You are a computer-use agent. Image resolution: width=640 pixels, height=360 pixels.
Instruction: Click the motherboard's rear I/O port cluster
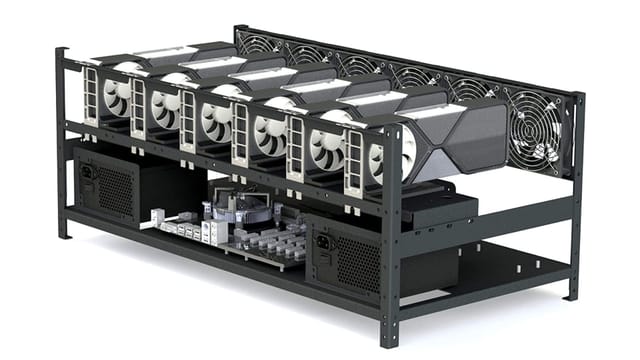point(185,226)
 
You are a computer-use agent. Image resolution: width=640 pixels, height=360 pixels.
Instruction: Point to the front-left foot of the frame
point(63,234)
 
